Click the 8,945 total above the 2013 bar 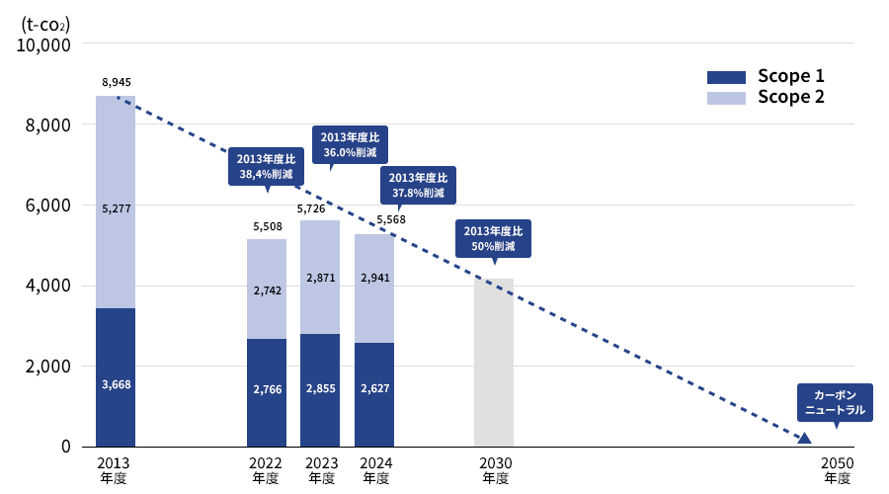click(116, 82)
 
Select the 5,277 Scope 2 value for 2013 click(116, 208)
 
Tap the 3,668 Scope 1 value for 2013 click(116, 384)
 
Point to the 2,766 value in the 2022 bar click(267, 389)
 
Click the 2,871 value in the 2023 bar click(320, 278)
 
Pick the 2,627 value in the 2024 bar click(373, 389)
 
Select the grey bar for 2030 click(494, 362)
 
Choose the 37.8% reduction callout click(418, 185)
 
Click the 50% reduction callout click(494, 238)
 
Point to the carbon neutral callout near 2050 click(835, 401)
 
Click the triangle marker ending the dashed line click(804, 438)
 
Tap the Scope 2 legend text click(790, 97)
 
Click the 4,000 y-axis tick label click(47, 287)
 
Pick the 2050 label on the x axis click(837, 462)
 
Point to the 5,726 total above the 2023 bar click(320, 209)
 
